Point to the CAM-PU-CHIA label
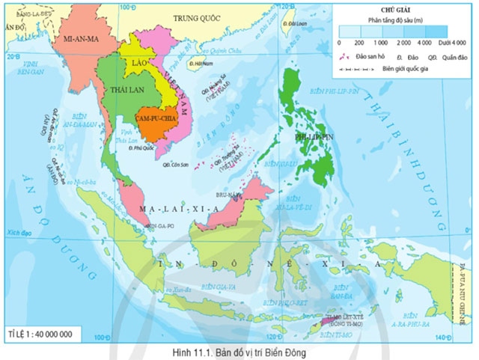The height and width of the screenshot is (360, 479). coord(156,118)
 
